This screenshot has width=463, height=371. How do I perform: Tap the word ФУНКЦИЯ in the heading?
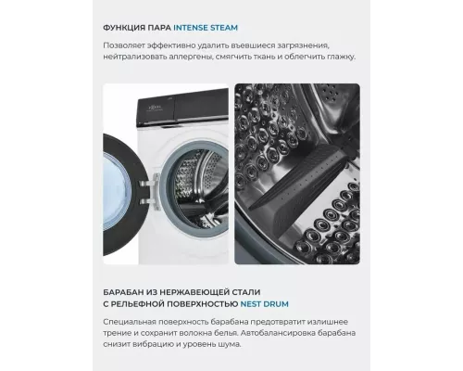coord(130,27)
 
